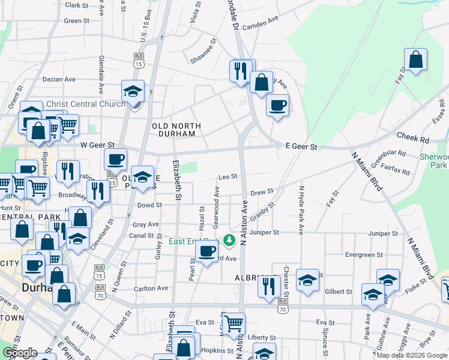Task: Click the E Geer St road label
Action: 300,146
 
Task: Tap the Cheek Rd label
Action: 417,139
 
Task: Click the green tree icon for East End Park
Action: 229,241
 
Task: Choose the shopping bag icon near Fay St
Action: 415,59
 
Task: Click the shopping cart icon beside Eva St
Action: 233,324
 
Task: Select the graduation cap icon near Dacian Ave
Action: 133,91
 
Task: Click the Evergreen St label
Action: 356,254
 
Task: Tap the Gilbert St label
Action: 339,292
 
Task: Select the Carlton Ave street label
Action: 151,288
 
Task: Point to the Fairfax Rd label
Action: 398,172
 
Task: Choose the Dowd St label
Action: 150,205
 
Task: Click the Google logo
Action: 19,353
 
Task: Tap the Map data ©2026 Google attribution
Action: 412,355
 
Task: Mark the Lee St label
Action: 228,176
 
